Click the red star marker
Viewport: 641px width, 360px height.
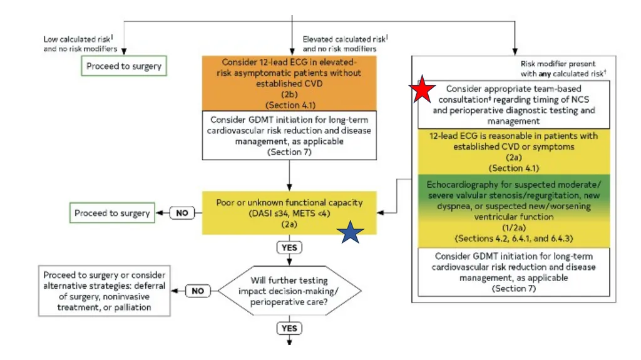point(423,90)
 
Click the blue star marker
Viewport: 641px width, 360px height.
point(351,232)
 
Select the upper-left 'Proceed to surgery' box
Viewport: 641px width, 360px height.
point(124,66)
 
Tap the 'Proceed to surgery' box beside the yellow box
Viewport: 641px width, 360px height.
point(112,213)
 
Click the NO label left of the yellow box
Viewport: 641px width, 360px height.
point(182,213)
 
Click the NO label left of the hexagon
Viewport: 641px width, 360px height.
point(198,291)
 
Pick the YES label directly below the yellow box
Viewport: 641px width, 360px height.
point(289,247)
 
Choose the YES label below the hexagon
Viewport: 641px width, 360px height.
point(289,328)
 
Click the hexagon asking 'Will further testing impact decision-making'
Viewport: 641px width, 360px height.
point(289,291)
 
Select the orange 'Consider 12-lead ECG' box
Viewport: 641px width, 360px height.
point(289,83)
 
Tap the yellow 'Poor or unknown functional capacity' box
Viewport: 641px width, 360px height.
point(289,213)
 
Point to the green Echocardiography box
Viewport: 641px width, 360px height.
point(513,211)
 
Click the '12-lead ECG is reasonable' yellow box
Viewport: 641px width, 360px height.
point(513,152)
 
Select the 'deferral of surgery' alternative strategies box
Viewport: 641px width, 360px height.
point(105,291)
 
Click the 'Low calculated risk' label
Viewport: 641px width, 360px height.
point(80,44)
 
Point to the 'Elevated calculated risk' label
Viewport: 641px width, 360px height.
point(345,44)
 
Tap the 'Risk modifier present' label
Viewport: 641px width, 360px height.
point(563,68)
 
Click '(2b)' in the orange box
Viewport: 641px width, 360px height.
point(289,94)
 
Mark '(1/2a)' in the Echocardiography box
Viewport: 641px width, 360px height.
point(513,227)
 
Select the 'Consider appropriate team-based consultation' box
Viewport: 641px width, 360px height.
point(513,105)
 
